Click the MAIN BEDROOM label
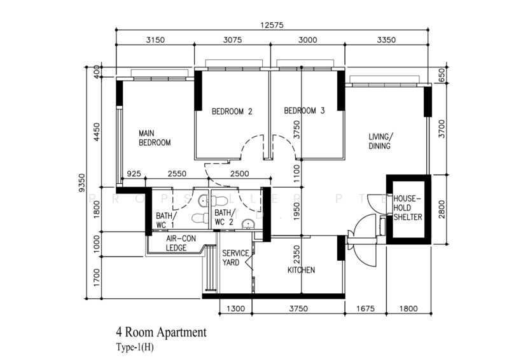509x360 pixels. coord(155,138)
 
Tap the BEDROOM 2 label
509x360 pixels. coord(232,111)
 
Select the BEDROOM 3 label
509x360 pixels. coord(304,111)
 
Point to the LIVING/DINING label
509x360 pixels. coord(381,141)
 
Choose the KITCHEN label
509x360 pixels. coord(301,270)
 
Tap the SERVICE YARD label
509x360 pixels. coord(235,258)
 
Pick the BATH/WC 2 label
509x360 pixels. coord(224,217)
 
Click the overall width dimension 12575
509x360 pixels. coord(272,25)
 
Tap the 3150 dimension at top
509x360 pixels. coord(155,39)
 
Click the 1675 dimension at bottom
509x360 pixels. coord(365,309)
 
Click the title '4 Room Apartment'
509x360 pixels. coord(160,332)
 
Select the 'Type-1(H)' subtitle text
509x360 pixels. coord(135,347)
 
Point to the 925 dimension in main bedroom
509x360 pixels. coord(134,174)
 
